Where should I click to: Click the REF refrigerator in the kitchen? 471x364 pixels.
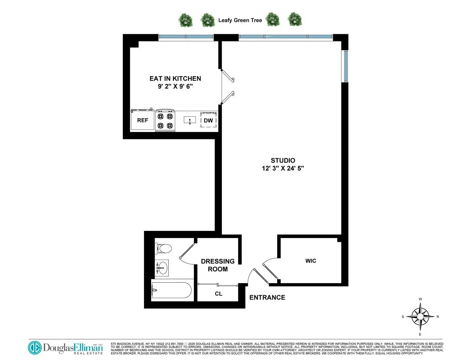(x=142, y=120)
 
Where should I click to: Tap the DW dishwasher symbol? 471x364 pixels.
(x=208, y=121)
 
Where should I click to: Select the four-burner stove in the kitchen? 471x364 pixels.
(x=165, y=121)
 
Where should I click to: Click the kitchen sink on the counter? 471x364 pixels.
(x=190, y=120)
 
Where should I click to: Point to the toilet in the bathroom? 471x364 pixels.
(x=164, y=249)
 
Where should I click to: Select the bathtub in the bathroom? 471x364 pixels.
(x=172, y=291)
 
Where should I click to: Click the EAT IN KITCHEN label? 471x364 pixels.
(x=175, y=79)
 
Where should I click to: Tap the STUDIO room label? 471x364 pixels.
(x=283, y=160)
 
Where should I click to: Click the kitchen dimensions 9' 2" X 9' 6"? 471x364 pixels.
(x=175, y=87)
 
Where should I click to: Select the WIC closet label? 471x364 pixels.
(x=310, y=261)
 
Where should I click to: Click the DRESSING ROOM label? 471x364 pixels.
(x=217, y=265)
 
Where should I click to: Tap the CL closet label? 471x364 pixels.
(x=218, y=294)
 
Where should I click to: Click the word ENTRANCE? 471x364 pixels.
(x=267, y=297)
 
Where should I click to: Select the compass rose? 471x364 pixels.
(x=420, y=316)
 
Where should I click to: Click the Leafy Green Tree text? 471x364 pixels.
(x=240, y=20)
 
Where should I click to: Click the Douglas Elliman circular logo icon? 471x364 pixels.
(x=35, y=348)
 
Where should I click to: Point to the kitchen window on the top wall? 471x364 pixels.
(x=186, y=37)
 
